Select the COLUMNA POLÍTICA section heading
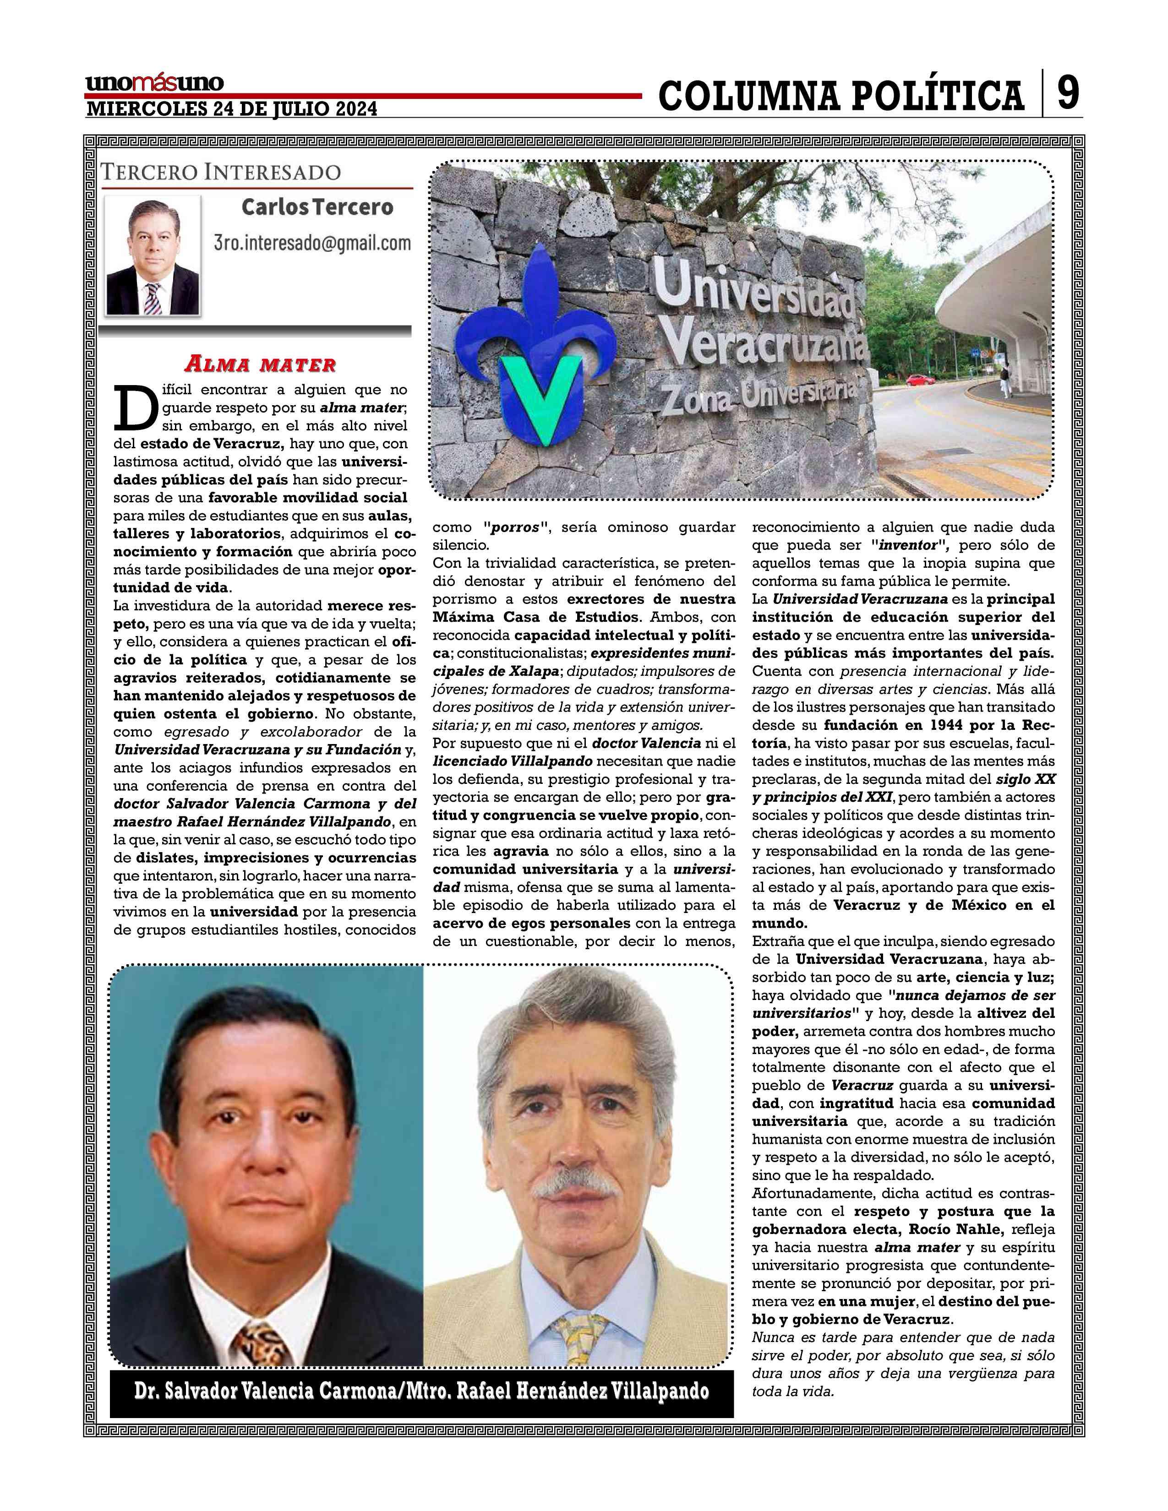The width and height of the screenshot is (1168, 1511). point(841,96)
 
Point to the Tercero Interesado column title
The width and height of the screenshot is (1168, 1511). point(221,172)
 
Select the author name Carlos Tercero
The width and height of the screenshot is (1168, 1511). point(317,207)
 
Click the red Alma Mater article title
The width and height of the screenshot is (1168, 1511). point(259,364)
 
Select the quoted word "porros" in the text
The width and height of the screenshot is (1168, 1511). point(515,527)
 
